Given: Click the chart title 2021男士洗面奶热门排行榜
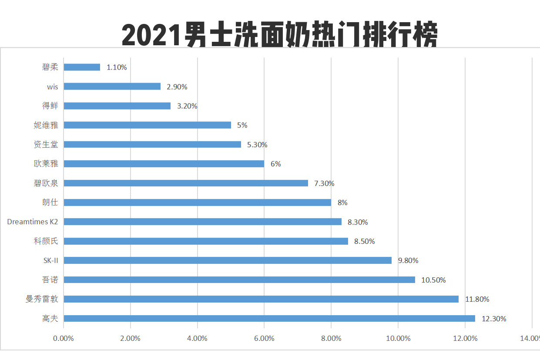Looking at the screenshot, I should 279,35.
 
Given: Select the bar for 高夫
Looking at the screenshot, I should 269,319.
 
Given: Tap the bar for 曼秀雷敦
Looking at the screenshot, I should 261,299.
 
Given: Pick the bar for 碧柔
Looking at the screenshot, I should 82,67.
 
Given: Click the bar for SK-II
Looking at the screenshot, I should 228,260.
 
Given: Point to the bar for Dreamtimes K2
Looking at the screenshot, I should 202,222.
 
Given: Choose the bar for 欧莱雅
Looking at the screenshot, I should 164,164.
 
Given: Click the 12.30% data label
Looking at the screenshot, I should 494,319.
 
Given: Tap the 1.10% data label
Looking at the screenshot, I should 117,67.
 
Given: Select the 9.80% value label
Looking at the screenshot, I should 408,260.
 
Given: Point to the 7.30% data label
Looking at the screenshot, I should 324,183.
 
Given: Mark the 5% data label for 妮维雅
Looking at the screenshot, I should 242,125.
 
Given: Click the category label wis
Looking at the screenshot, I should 52,87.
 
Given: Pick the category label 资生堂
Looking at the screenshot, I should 46,145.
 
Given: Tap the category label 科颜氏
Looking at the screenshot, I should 46,241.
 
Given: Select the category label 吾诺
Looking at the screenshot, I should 50,279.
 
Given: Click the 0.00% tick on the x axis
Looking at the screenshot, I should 64,338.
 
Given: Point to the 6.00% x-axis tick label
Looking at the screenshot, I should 264,338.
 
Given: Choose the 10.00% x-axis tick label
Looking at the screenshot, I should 398,338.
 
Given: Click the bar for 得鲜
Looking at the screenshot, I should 117,106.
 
